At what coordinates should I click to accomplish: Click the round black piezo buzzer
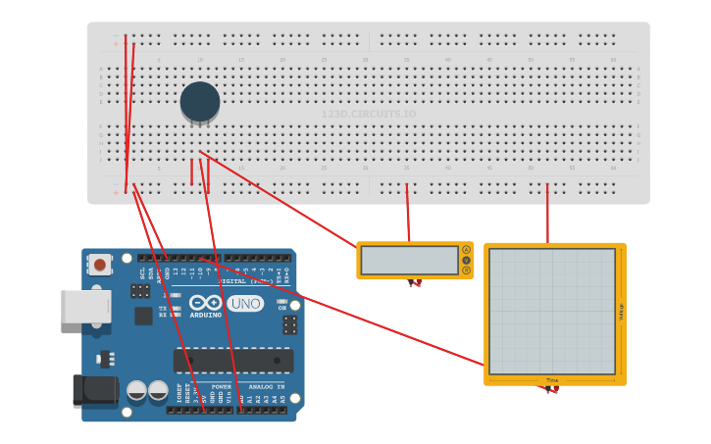coord(200,102)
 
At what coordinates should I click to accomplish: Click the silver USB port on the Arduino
coord(85,306)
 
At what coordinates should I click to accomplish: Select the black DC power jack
coord(95,390)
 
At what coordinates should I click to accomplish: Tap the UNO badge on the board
coord(245,304)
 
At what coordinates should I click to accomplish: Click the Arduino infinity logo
coord(206,303)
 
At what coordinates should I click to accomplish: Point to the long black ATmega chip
coord(232,360)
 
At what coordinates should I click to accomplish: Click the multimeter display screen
coord(409,260)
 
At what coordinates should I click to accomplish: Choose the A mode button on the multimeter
coord(466,250)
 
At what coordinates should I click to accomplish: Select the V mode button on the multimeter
coord(466,260)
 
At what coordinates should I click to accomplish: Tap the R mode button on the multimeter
coord(466,271)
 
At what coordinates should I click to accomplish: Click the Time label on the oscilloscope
coord(552,380)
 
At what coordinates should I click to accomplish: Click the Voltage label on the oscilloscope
coord(621,312)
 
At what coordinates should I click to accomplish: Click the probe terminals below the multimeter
coord(415,283)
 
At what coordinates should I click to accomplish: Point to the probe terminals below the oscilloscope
coord(552,389)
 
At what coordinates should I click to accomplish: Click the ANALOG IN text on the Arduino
coord(267,386)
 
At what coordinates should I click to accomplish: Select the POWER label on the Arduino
coord(222,386)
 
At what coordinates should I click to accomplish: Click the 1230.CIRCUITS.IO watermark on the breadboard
coord(369,115)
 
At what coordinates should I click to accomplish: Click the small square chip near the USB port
coord(143,316)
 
